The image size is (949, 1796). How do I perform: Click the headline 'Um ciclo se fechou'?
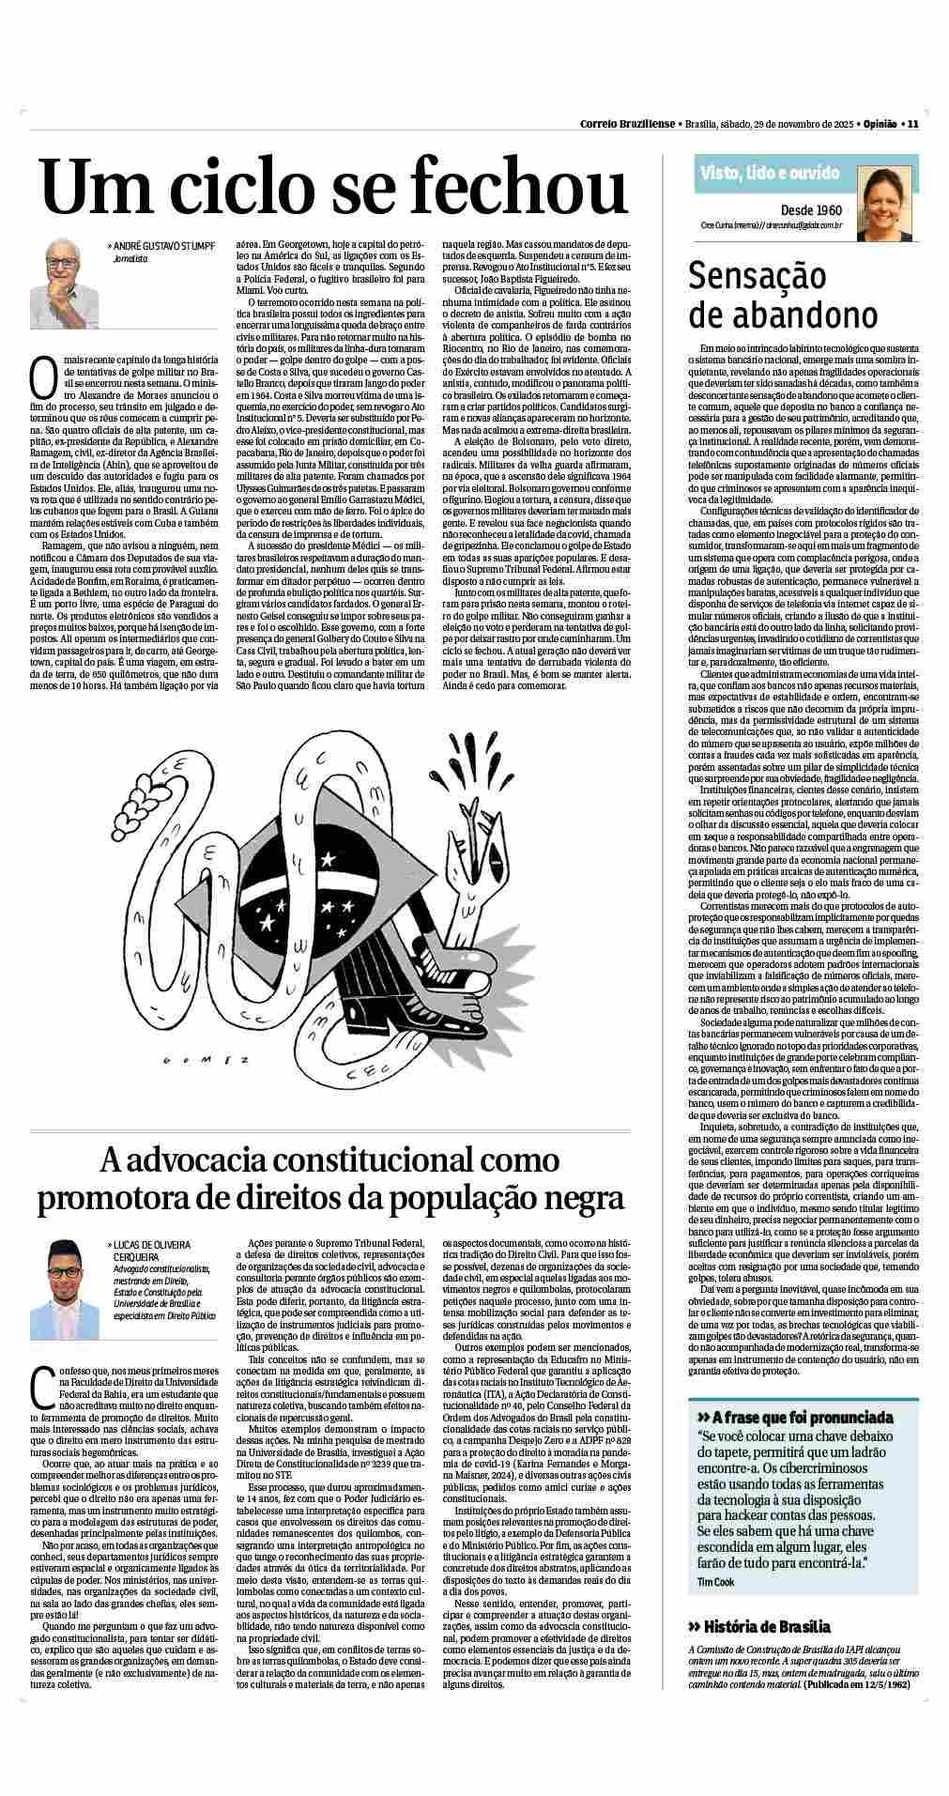point(333,185)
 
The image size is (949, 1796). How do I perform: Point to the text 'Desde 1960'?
point(811,210)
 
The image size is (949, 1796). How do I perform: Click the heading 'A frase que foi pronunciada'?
point(794,1417)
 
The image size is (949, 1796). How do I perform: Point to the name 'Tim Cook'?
point(717,1582)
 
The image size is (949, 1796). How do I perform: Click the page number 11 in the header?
point(912,123)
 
